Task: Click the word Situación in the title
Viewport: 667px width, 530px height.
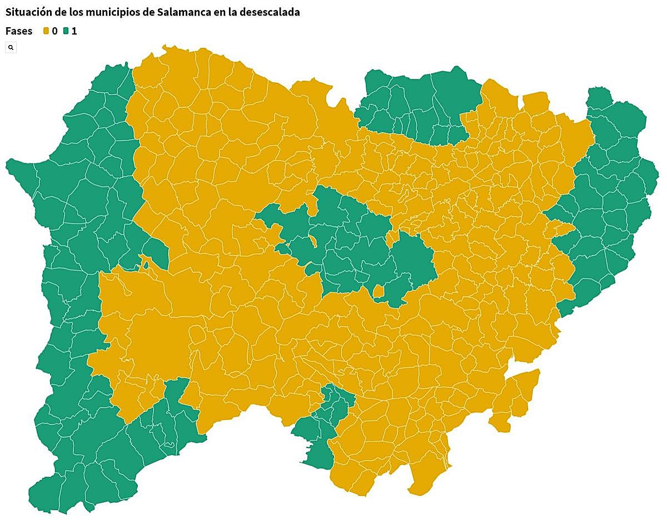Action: point(27,12)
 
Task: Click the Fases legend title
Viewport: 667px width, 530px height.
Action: point(19,31)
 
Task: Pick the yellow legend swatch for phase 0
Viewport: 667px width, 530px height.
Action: point(46,31)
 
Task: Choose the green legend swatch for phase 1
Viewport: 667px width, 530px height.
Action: point(66,31)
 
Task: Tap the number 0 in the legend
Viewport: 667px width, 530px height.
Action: point(54,31)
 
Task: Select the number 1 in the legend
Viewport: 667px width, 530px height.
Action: point(74,31)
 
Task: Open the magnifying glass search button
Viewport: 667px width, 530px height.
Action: point(11,48)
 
